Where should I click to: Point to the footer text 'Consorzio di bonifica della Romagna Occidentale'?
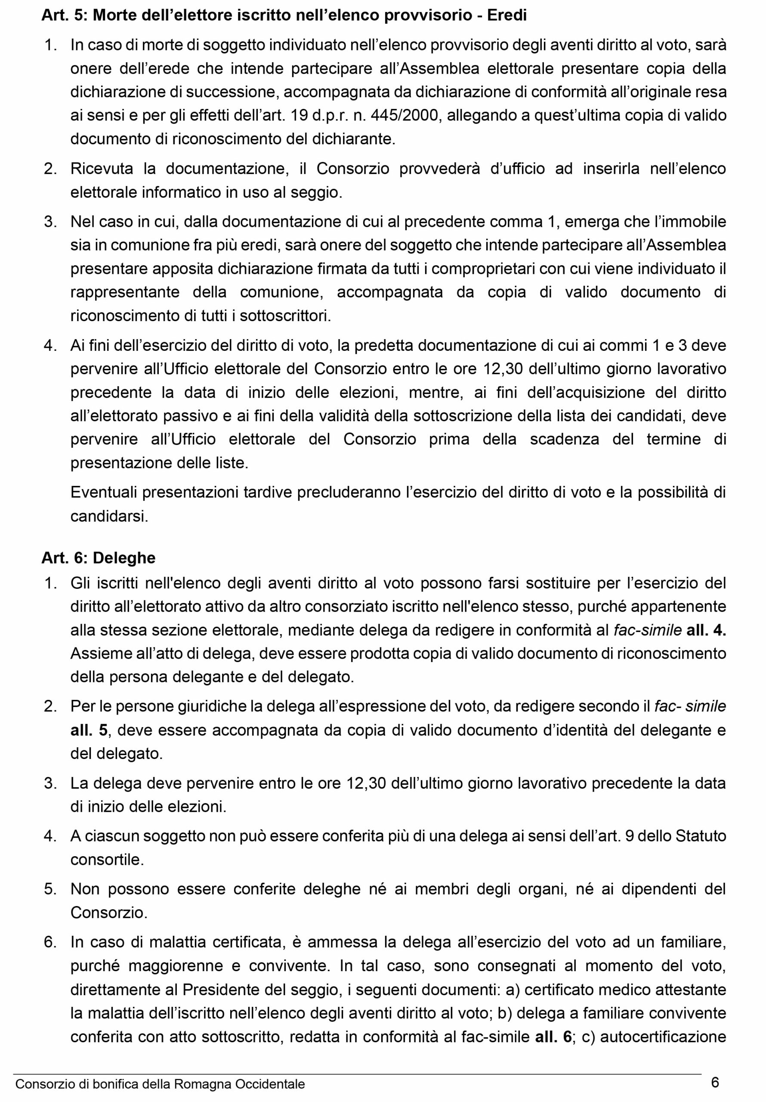tap(161, 1084)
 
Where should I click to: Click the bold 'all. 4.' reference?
tap(706, 630)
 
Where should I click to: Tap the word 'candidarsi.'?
tap(109, 517)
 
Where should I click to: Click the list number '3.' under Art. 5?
tap(50, 222)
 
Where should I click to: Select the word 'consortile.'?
tap(107, 860)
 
